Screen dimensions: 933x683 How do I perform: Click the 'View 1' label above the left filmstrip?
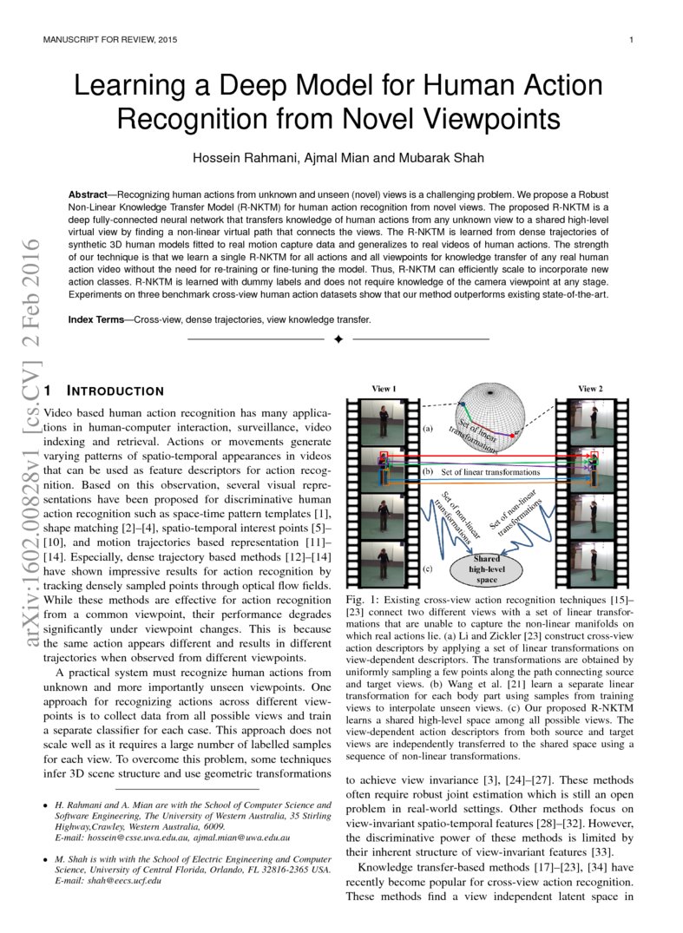click(384, 388)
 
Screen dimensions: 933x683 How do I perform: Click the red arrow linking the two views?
click(486, 453)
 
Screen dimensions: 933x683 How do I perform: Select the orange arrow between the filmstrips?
click(486, 480)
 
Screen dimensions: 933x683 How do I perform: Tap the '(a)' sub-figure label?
click(427, 429)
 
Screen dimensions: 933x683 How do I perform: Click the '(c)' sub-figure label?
click(427, 568)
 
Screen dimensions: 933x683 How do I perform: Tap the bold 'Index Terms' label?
click(96, 319)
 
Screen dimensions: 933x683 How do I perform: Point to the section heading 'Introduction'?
click(115, 391)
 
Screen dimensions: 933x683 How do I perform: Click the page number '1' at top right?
click(631, 40)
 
